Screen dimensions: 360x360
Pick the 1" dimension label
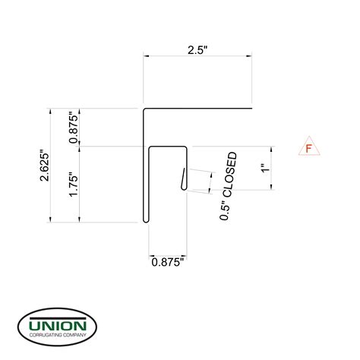[x=264, y=168]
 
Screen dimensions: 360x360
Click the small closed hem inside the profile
[x=185, y=178]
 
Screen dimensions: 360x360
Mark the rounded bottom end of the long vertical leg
[x=145, y=221]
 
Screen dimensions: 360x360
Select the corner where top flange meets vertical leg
[x=145, y=110]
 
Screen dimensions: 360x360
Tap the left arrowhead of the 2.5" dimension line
[x=147, y=55]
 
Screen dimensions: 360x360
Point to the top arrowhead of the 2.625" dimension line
[x=51, y=112]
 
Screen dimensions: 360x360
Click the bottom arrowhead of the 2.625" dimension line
[x=51, y=221]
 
